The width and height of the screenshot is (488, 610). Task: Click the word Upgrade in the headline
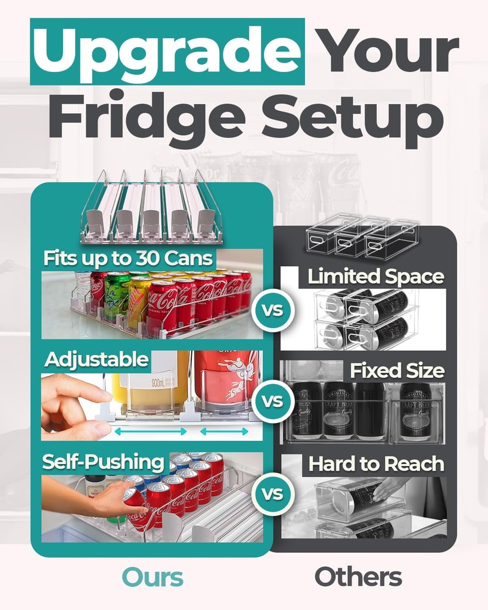(x=167, y=52)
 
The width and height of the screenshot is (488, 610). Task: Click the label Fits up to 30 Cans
(x=129, y=259)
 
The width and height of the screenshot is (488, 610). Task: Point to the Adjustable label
(x=97, y=359)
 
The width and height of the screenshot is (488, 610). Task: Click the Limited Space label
(x=375, y=276)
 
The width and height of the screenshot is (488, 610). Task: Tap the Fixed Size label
(x=396, y=371)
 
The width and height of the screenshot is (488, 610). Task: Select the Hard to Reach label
(x=376, y=464)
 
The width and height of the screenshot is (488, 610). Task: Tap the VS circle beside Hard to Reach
(x=273, y=494)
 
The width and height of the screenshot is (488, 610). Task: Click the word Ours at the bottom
(x=153, y=577)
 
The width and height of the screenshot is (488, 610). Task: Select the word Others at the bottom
(x=358, y=577)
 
